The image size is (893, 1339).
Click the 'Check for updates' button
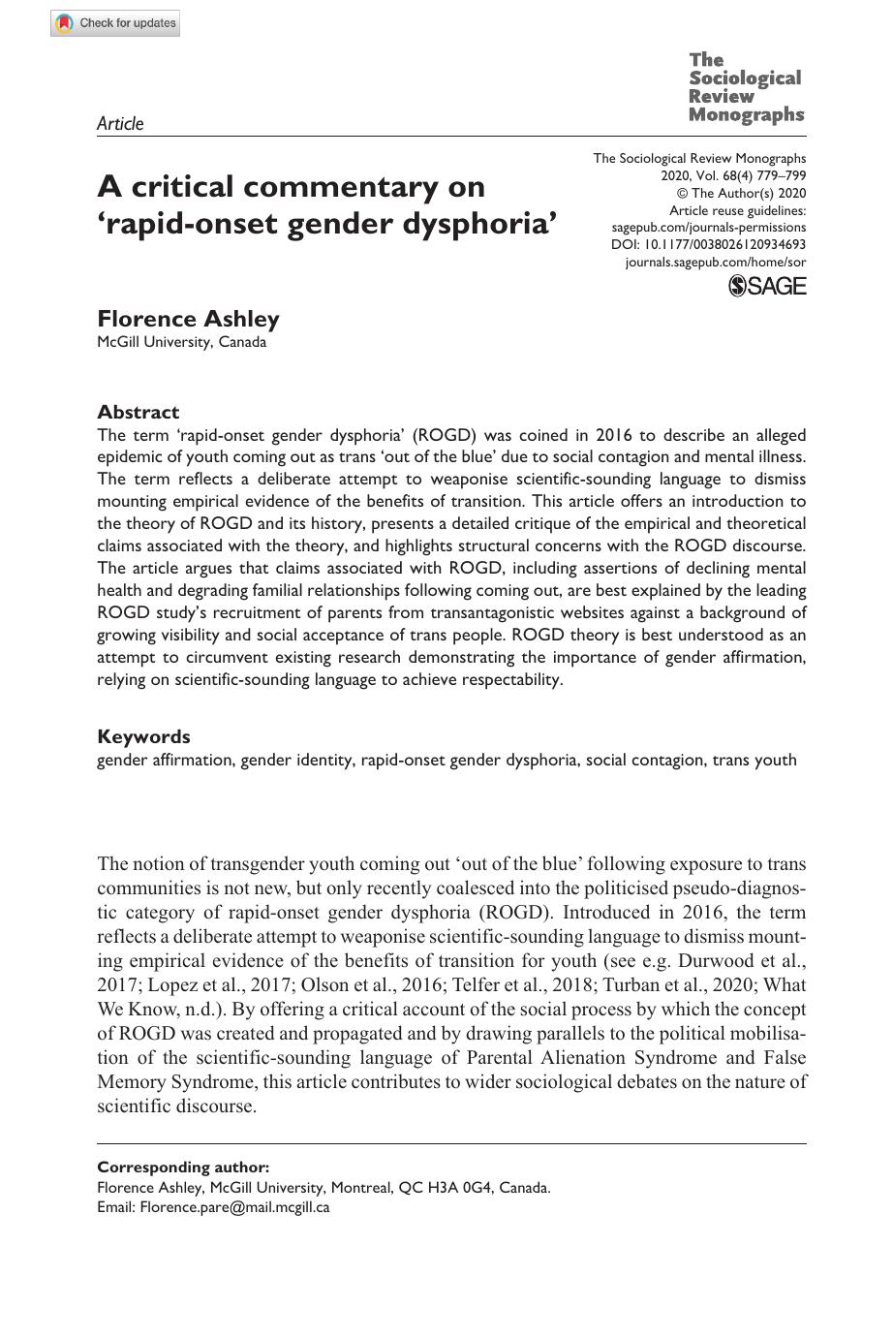click(115, 23)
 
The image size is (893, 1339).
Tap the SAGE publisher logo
click(766, 285)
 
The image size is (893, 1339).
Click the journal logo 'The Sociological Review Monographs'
click(746, 88)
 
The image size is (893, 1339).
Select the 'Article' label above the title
click(120, 123)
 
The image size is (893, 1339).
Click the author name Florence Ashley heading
click(188, 319)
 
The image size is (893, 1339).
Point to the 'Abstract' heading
click(138, 412)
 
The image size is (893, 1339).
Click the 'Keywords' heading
click(143, 736)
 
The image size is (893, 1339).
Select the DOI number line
click(710, 245)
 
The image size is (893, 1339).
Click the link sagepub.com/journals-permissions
click(708, 228)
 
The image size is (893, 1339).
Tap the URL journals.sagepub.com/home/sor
click(715, 263)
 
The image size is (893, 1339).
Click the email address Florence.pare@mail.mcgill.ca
click(234, 1207)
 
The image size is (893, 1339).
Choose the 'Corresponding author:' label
click(183, 1168)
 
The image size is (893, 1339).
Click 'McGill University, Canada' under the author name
click(181, 342)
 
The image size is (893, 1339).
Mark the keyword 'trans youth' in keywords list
click(754, 760)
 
